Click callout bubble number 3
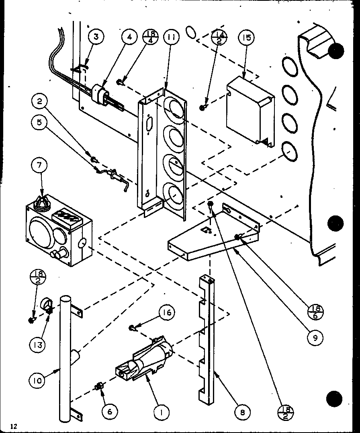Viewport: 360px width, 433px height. [96, 37]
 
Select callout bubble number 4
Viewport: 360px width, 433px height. [129, 37]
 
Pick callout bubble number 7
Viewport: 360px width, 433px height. [39, 165]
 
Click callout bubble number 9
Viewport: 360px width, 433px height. [315, 337]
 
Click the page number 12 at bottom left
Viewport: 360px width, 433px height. [14, 426]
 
